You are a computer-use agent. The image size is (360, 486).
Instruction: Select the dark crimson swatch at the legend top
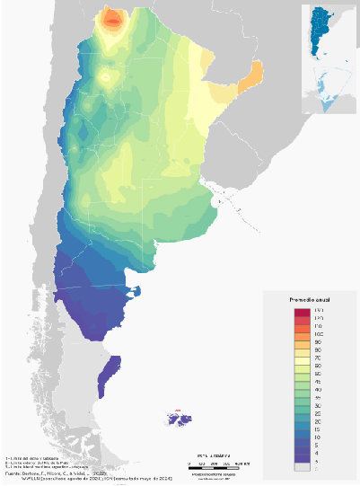(x=300, y=310)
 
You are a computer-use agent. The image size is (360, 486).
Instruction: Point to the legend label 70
(x=320, y=358)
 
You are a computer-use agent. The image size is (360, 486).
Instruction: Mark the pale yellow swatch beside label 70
(x=300, y=358)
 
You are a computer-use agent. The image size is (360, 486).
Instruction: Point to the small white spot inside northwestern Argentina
(x=108, y=78)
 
